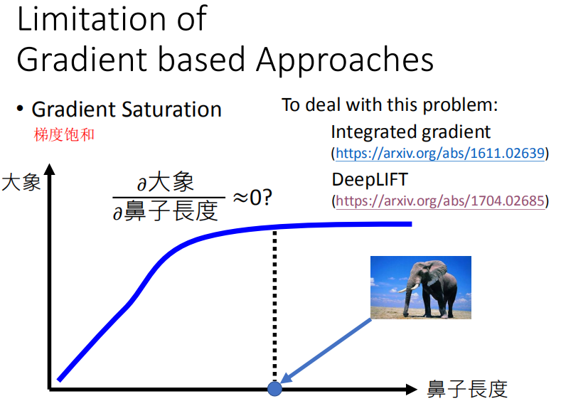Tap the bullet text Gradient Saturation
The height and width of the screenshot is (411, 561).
click(x=127, y=110)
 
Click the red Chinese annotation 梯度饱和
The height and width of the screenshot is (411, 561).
click(x=64, y=134)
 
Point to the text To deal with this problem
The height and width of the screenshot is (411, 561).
click(x=390, y=105)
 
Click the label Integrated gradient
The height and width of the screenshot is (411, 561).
click(x=410, y=132)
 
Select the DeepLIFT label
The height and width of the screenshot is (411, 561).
click(x=370, y=179)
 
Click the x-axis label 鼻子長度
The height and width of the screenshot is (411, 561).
click(x=467, y=389)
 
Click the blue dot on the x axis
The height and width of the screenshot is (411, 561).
click(x=274, y=388)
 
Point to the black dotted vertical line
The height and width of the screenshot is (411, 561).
click(x=274, y=306)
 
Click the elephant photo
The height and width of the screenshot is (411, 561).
click(x=420, y=287)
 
